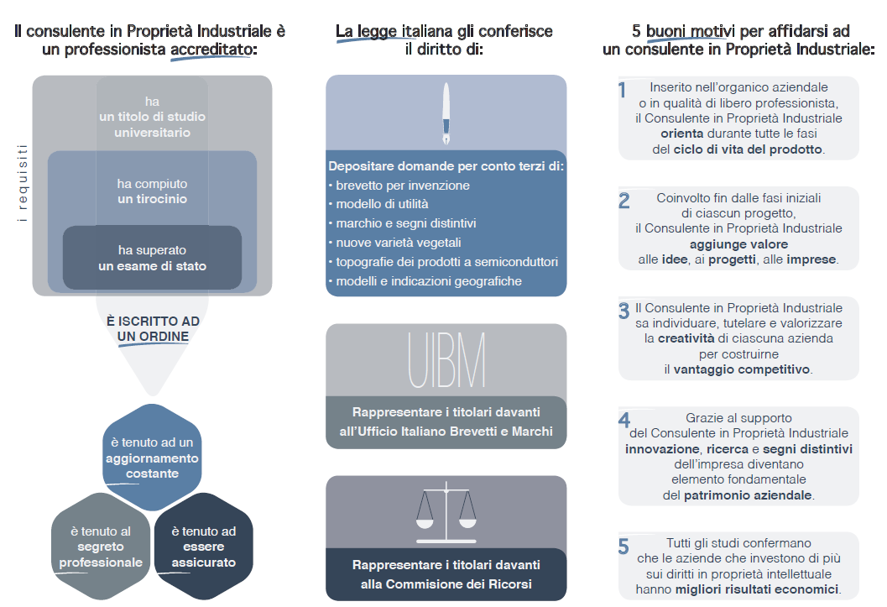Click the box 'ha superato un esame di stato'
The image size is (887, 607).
point(152,259)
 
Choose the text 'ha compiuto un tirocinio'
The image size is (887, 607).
point(152,191)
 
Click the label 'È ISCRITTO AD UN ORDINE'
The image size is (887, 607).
point(153,329)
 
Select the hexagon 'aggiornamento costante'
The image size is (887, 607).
point(152,458)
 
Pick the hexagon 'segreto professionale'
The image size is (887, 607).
point(101,547)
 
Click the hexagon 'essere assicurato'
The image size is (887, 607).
point(204,547)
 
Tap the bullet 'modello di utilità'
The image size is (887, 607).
point(382,204)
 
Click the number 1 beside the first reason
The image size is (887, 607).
point(623,90)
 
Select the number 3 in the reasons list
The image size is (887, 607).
point(624,311)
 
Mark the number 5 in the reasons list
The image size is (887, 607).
point(624,547)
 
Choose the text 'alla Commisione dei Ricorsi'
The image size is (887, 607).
point(446,584)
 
